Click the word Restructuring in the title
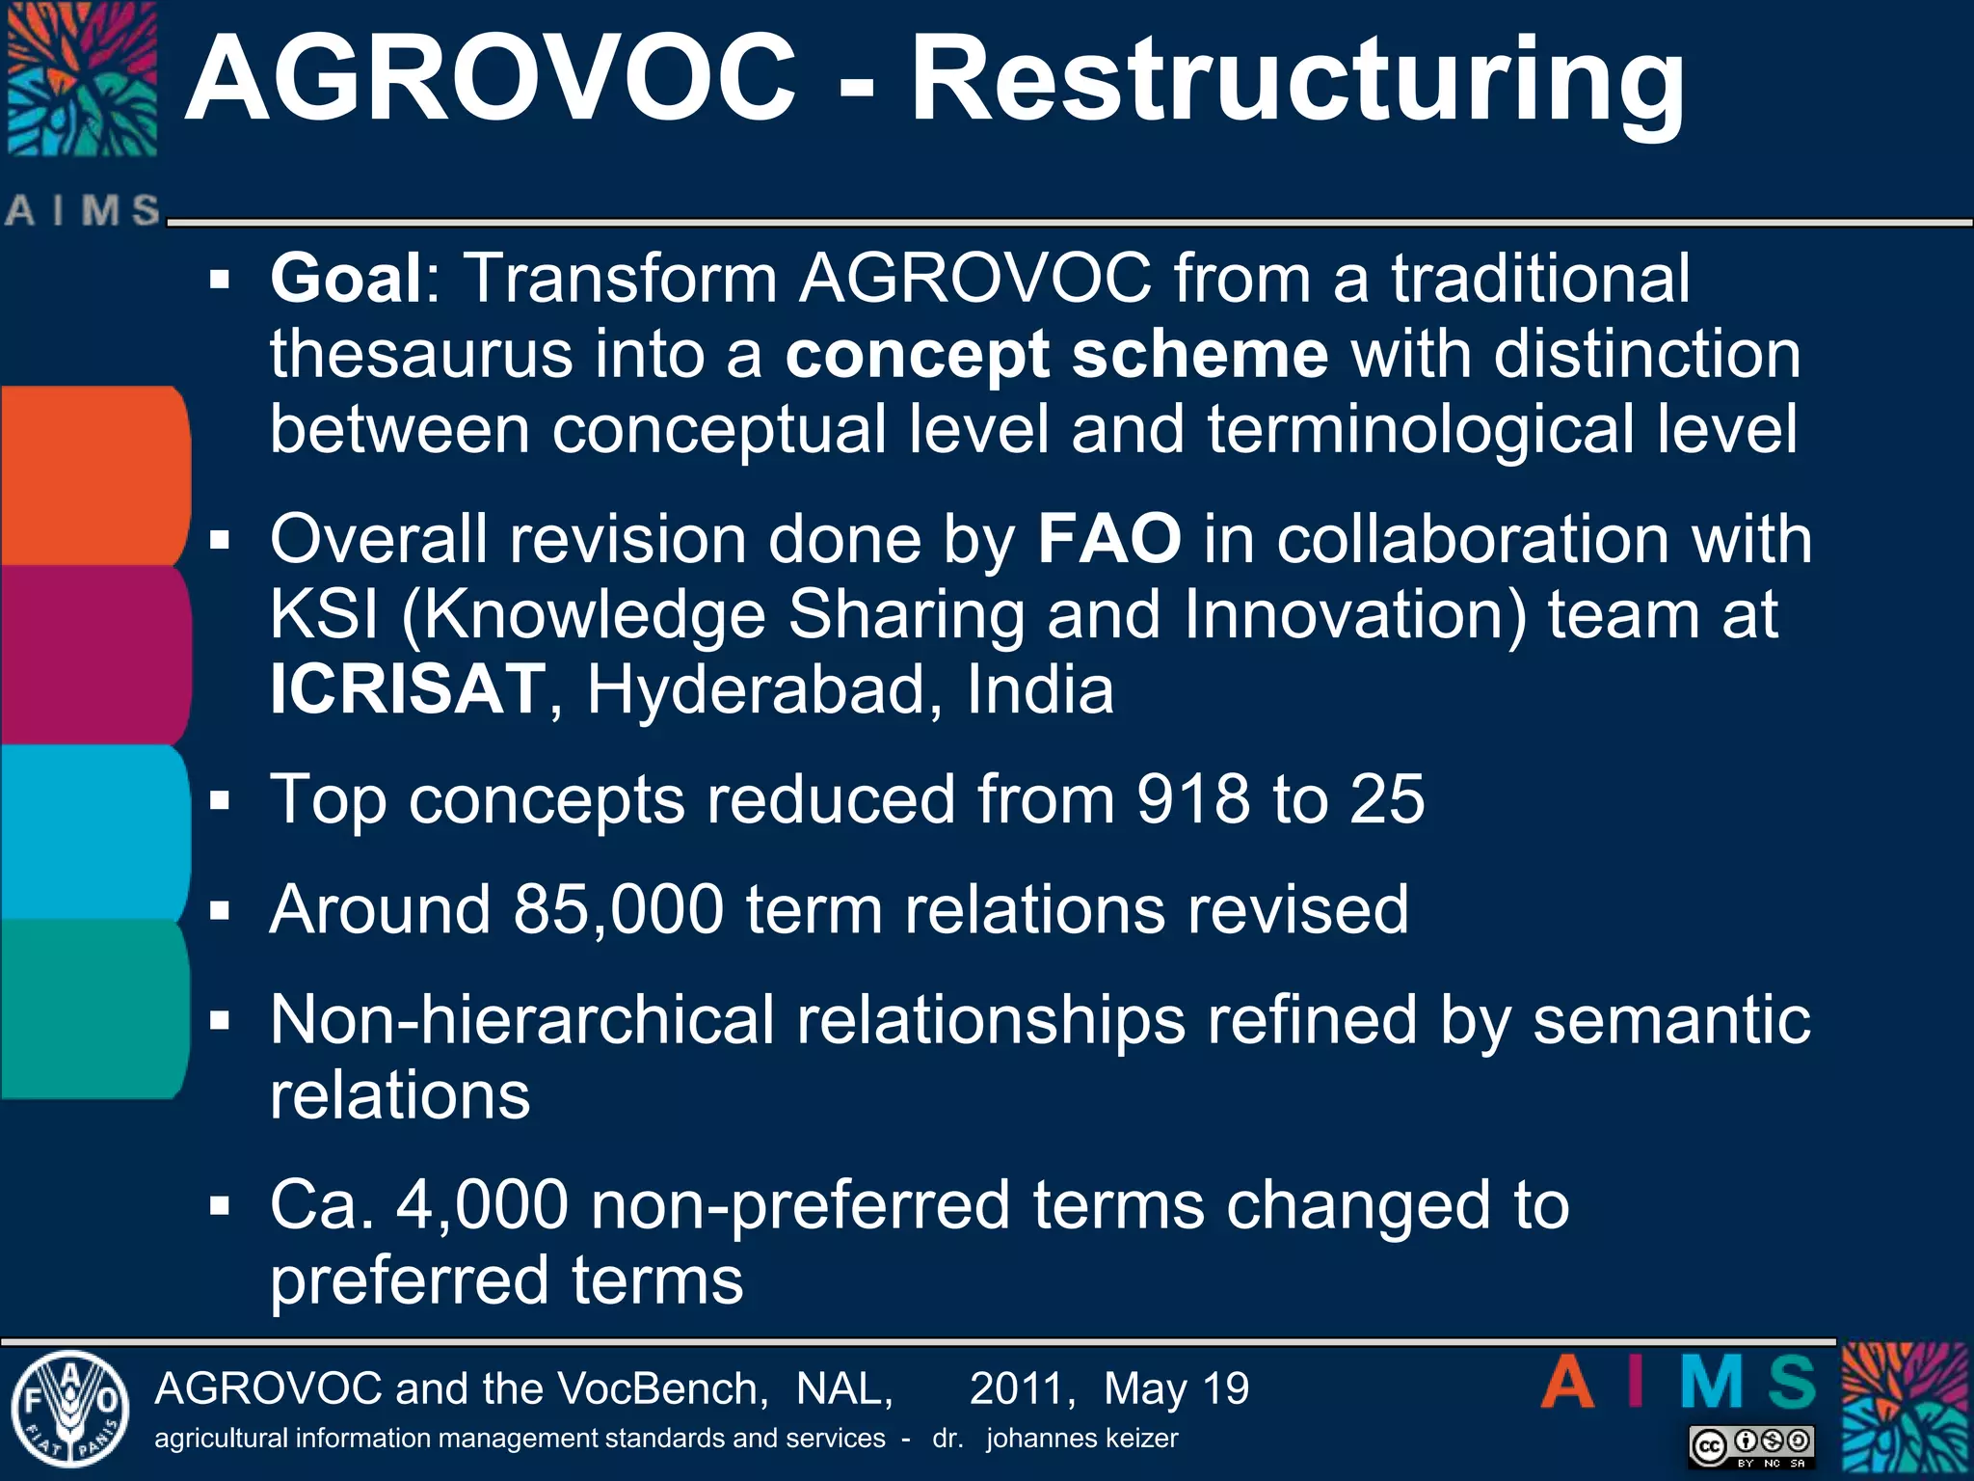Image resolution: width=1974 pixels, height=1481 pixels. (1296, 82)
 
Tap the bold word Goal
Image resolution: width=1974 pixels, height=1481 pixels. (345, 279)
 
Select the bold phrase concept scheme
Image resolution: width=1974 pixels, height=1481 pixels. (1056, 355)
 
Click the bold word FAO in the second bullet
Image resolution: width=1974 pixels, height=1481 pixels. (1108, 538)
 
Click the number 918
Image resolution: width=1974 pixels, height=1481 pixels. (1192, 799)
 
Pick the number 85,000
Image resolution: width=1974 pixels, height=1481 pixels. (618, 909)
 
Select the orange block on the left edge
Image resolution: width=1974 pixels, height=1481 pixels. (92, 475)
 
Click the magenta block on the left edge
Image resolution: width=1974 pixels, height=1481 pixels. (92, 654)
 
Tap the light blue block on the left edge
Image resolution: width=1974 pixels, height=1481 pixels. (92, 832)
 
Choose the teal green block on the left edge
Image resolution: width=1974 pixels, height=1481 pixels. (92, 1010)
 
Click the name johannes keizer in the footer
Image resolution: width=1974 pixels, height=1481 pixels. (1081, 1439)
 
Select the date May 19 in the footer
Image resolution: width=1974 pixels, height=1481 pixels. (1176, 1389)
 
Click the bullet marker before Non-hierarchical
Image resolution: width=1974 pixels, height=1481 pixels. (220, 1020)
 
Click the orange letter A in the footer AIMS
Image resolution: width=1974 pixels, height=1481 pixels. (1568, 1384)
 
